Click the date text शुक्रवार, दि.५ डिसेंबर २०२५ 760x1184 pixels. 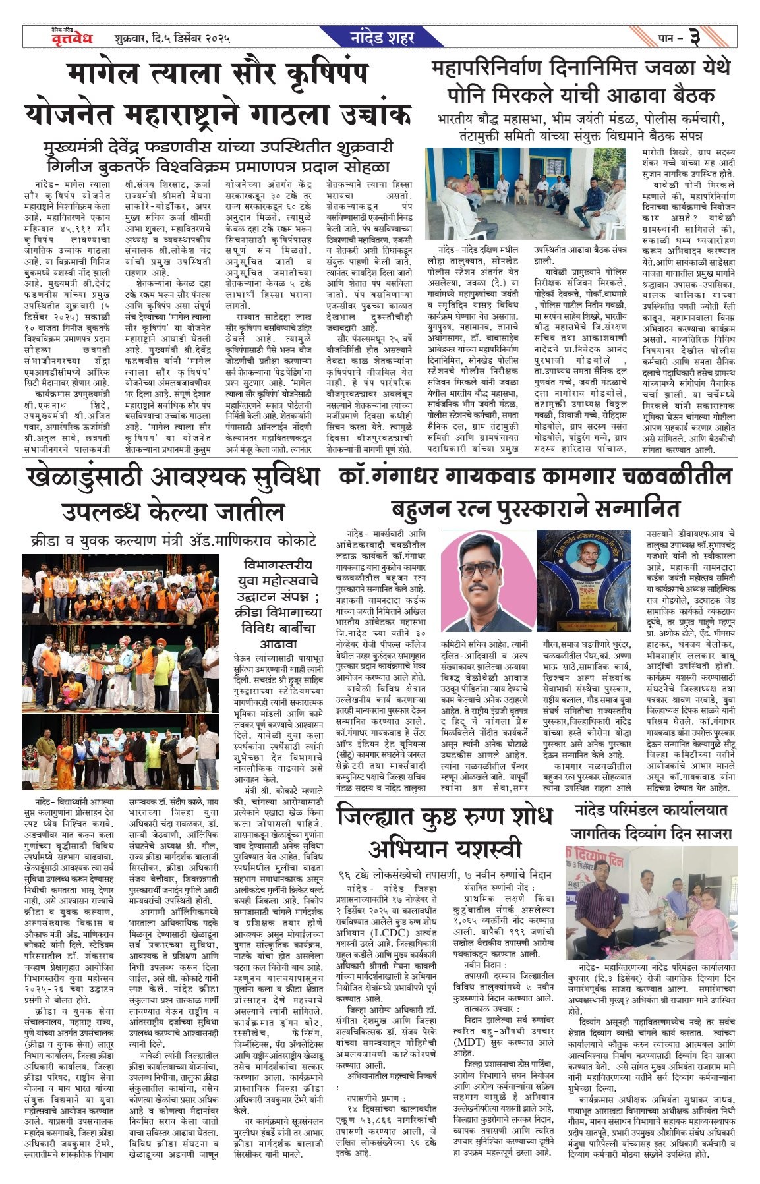click(171, 38)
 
